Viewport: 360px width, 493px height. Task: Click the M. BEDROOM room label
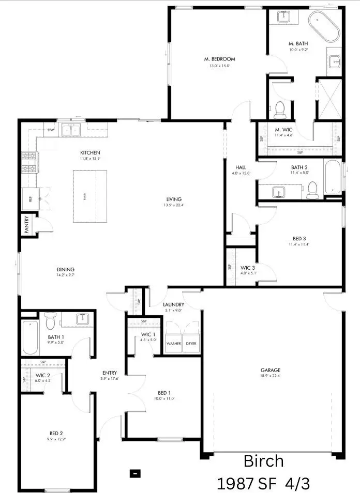(x=219, y=59)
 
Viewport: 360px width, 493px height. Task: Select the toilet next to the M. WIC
(x=280, y=109)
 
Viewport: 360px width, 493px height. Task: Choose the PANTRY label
(x=26, y=225)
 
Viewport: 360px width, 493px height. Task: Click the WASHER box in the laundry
(x=173, y=343)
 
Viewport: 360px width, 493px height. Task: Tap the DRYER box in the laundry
(x=191, y=343)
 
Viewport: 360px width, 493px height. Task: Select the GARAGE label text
(x=270, y=370)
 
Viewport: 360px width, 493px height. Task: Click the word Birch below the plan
(x=263, y=460)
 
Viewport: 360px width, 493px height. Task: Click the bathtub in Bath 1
(x=31, y=337)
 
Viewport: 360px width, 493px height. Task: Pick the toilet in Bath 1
(x=50, y=322)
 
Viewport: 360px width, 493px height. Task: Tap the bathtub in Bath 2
(x=332, y=177)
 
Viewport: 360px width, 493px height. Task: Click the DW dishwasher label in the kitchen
(x=51, y=130)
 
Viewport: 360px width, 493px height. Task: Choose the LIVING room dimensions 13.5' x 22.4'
(x=174, y=205)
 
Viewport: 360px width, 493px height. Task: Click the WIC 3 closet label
(x=248, y=268)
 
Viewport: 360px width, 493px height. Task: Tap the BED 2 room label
(x=56, y=433)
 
